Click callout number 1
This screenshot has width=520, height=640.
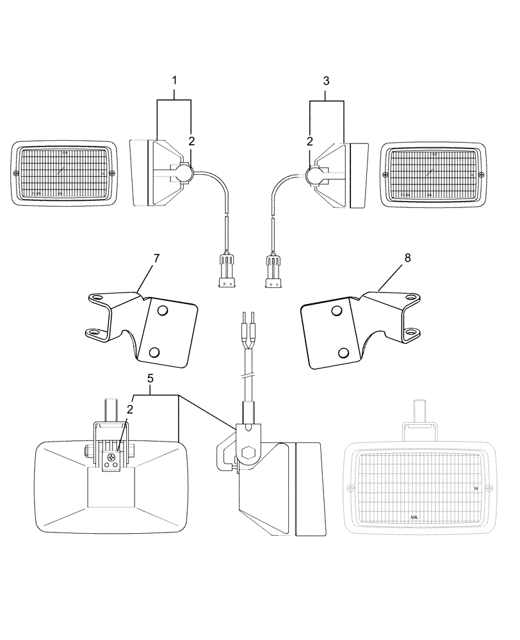coord(174,81)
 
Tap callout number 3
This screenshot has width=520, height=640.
coord(326,81)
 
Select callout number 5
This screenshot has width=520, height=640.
coord(150,379)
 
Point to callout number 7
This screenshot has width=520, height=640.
coord(156,259)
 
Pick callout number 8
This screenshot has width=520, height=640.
coord(389,259)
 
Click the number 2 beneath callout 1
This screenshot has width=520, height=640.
coord(190,140)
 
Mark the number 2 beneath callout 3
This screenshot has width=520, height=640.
coord(310,140)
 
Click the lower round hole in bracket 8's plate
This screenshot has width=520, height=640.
coord(345,352)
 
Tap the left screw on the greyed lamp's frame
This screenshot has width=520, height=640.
coord(349,488)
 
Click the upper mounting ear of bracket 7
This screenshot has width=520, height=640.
coord(95,296)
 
